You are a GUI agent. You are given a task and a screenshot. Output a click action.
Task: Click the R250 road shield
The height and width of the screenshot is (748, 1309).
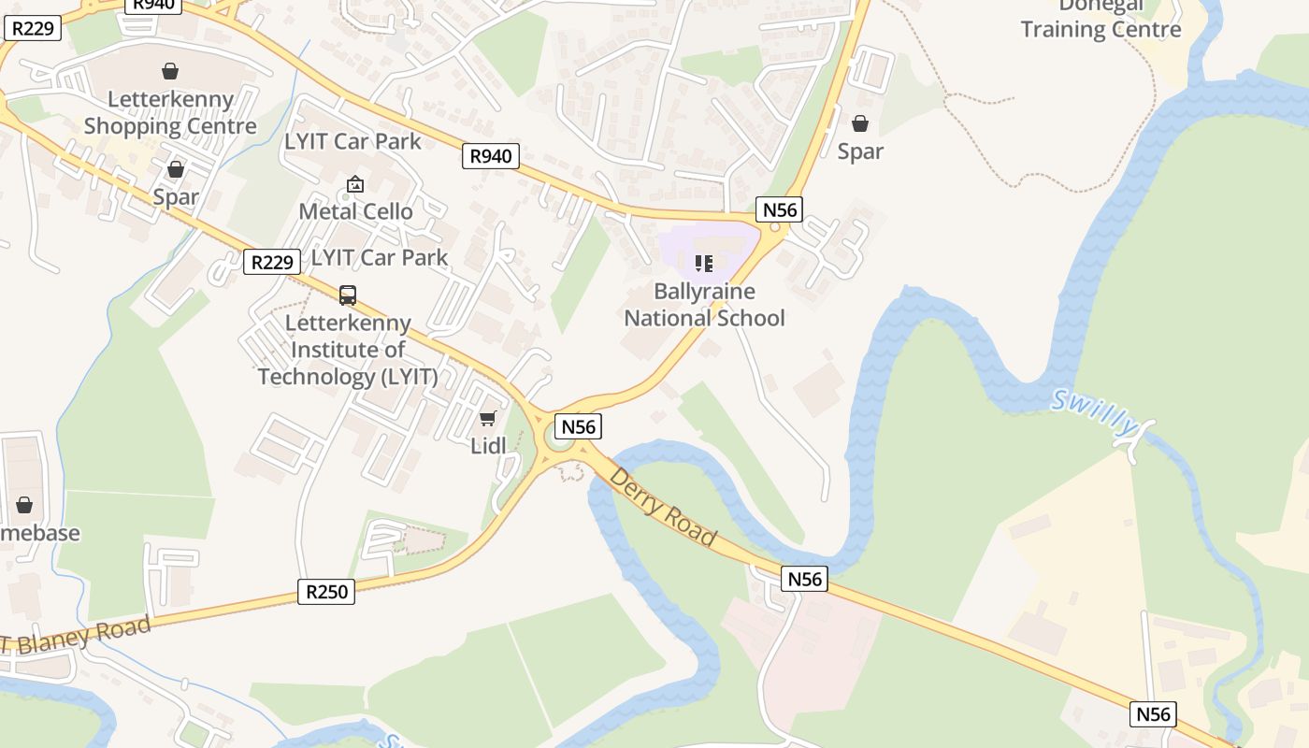coord(326,591)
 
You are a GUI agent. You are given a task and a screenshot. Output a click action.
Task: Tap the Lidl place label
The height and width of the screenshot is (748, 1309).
coord(488,446)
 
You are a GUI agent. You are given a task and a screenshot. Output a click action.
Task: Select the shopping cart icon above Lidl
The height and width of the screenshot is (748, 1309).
coord(487,419)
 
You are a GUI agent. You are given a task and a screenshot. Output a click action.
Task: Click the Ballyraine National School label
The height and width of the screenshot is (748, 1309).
coord(704,305)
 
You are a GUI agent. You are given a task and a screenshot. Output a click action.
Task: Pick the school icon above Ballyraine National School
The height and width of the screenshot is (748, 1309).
coord(704,264)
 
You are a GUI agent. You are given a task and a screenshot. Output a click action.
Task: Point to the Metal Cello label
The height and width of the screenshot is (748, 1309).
coord(355,211)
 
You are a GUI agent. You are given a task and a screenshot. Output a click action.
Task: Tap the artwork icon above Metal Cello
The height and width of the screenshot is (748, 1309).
coord(354,184)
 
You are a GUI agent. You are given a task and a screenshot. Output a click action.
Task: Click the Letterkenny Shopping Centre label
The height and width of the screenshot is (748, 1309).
coord(170,112)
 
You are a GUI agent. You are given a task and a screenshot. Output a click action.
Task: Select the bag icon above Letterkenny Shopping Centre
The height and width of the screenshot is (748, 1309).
coord(170,71)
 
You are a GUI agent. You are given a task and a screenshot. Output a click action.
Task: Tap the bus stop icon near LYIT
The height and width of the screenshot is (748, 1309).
coord(348,295)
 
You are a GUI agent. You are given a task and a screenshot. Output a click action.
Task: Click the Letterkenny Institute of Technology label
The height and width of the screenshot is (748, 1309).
coord(348,350)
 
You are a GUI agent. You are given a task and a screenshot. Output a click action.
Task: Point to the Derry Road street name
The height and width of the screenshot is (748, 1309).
coord(663,508)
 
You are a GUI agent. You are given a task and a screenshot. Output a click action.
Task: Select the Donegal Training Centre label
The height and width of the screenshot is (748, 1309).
coord(1101,19)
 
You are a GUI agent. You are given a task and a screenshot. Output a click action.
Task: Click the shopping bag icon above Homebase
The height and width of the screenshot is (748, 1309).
coord(24,506)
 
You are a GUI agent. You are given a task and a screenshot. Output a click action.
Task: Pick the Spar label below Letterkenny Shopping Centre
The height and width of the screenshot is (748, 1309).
coord(176,196)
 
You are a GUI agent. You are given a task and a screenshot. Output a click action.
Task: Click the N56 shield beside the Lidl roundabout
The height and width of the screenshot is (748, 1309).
coord(578,426)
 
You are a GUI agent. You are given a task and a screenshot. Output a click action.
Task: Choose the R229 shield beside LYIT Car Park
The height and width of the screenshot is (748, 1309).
coord(272,262)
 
